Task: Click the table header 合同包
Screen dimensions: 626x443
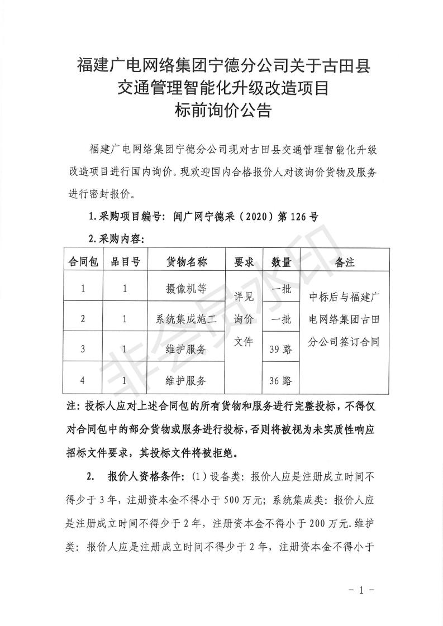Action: pyautogui.click(x=83, y=262)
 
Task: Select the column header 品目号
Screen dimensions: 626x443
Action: pyautogui.click(x=125, y=262)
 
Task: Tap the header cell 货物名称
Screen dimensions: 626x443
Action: pyautogui.click(x=187, y=262)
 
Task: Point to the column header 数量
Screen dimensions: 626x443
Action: pyautogui.click(x=280, y=262)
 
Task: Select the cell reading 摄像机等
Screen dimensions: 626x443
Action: pyautogui.click(x=187, y=289)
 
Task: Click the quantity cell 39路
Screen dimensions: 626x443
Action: pyautogui.click(x=280, y=350)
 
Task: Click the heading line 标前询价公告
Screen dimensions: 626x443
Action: pyautogui.click(x=222, y=111)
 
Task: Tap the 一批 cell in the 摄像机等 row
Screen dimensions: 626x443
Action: pyautogui.click(x=280, y=289)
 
